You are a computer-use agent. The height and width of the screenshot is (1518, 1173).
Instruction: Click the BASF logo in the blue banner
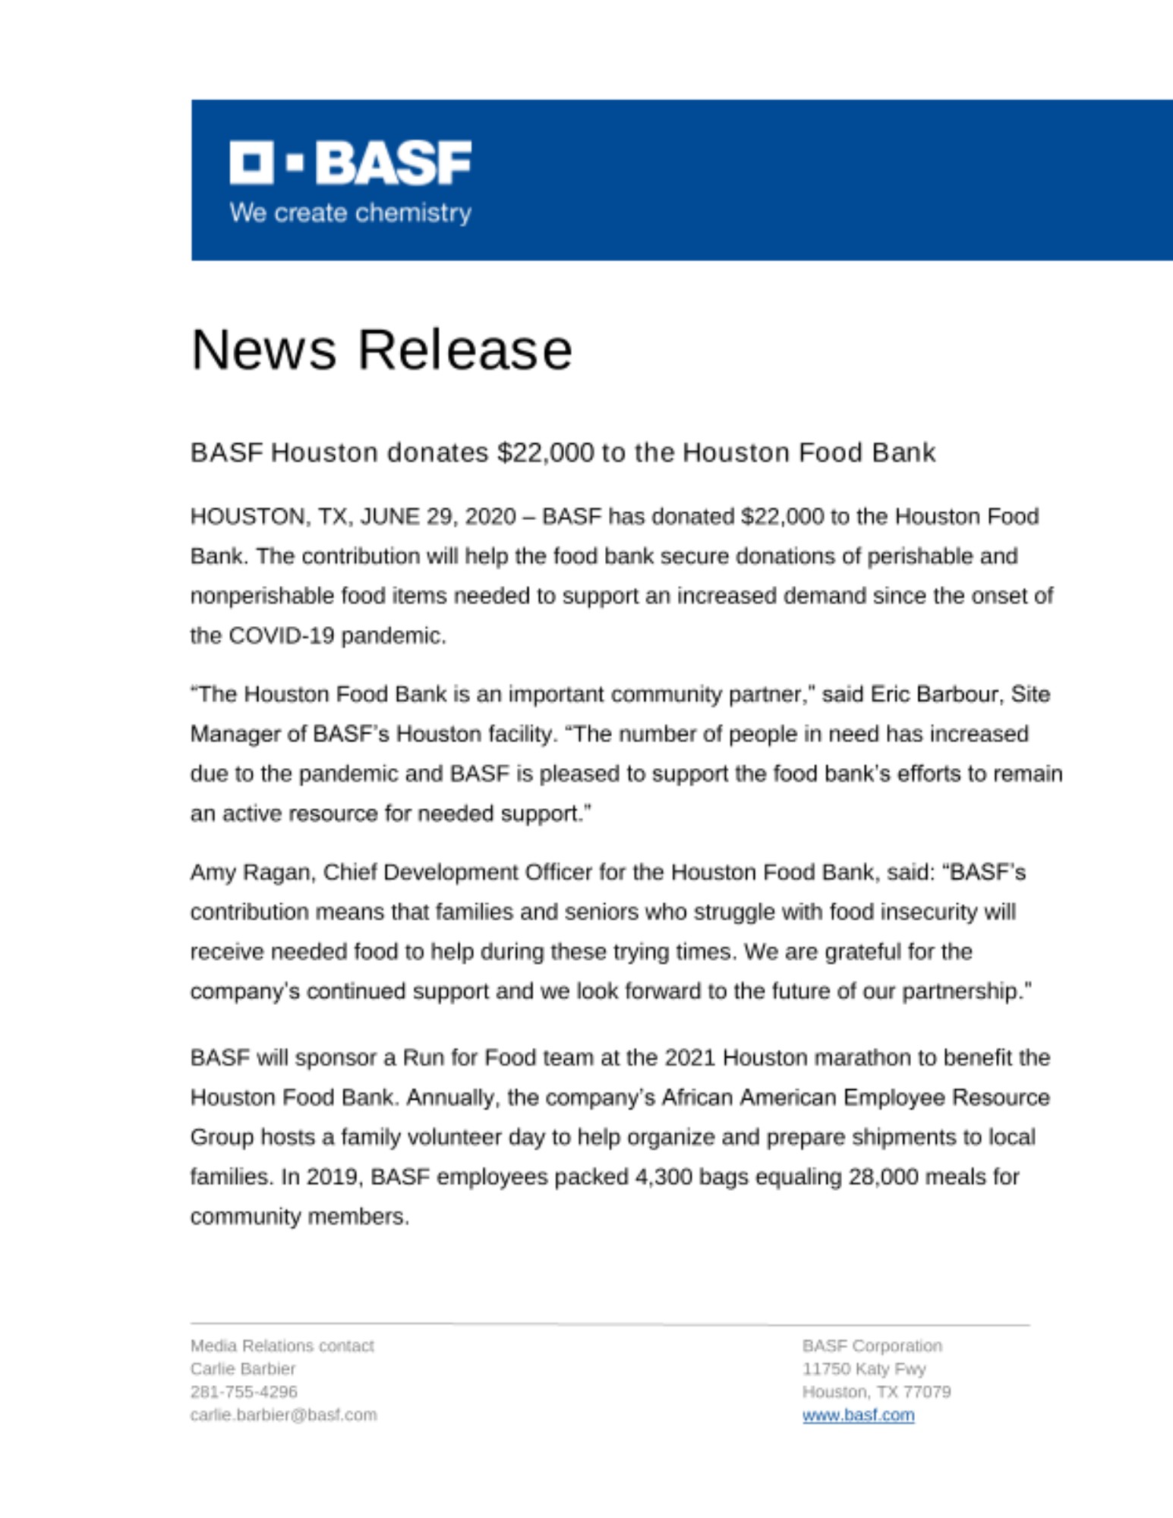click(x=350, y=162)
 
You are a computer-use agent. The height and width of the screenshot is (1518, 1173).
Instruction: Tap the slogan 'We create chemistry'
click(x=350, y=213)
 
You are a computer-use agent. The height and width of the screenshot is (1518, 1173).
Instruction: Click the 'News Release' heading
click(x=381, y=350)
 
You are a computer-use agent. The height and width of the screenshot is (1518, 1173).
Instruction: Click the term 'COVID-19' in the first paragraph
click(x=281, y=636)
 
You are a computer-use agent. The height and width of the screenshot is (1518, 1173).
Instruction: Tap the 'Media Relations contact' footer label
click(x=282, y=1346)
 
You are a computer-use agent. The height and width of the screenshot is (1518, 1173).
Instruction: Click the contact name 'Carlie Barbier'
click(x=242, y=1368)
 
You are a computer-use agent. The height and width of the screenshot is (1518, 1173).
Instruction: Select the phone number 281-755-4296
click(x=244, y=1391)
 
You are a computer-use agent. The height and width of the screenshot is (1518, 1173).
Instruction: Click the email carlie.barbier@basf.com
click(x=283, y=1415)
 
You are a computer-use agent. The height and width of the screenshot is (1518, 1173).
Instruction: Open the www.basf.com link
click(x=858, y=1415)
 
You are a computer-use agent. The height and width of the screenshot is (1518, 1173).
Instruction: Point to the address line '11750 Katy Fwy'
click(x=864, y=1368)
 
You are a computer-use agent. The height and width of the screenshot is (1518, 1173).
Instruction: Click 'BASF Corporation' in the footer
click(x=872, y=1346)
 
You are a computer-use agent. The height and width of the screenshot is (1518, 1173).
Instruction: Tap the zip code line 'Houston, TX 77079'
click(x=876, y=1391)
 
